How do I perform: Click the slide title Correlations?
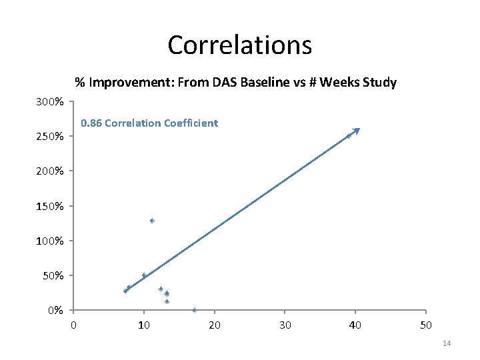pos(239,45)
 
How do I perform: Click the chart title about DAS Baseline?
pos(235,83)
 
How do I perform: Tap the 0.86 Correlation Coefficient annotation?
pos(149,123)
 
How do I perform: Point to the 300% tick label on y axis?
pos(51,102)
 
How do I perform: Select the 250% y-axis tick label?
pos(51,137)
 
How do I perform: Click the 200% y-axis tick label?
pos(51,171)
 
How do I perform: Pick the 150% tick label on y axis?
pos(51,206)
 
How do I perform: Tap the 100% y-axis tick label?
pos(51,241)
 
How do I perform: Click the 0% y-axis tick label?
pos(55,310)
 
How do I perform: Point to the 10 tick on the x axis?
pos(143,325)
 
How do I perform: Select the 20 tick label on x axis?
pos(214,325)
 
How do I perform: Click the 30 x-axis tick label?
pos(285,325)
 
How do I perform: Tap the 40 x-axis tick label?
pos(355,325)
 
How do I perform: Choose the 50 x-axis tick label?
pos(426,325)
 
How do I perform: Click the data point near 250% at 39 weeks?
pos(349,136)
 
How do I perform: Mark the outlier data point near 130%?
pos(152,221)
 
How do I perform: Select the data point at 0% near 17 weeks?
pos(194,310)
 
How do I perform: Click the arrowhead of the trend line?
pos(357,130)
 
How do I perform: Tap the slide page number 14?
pos(447,343)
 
